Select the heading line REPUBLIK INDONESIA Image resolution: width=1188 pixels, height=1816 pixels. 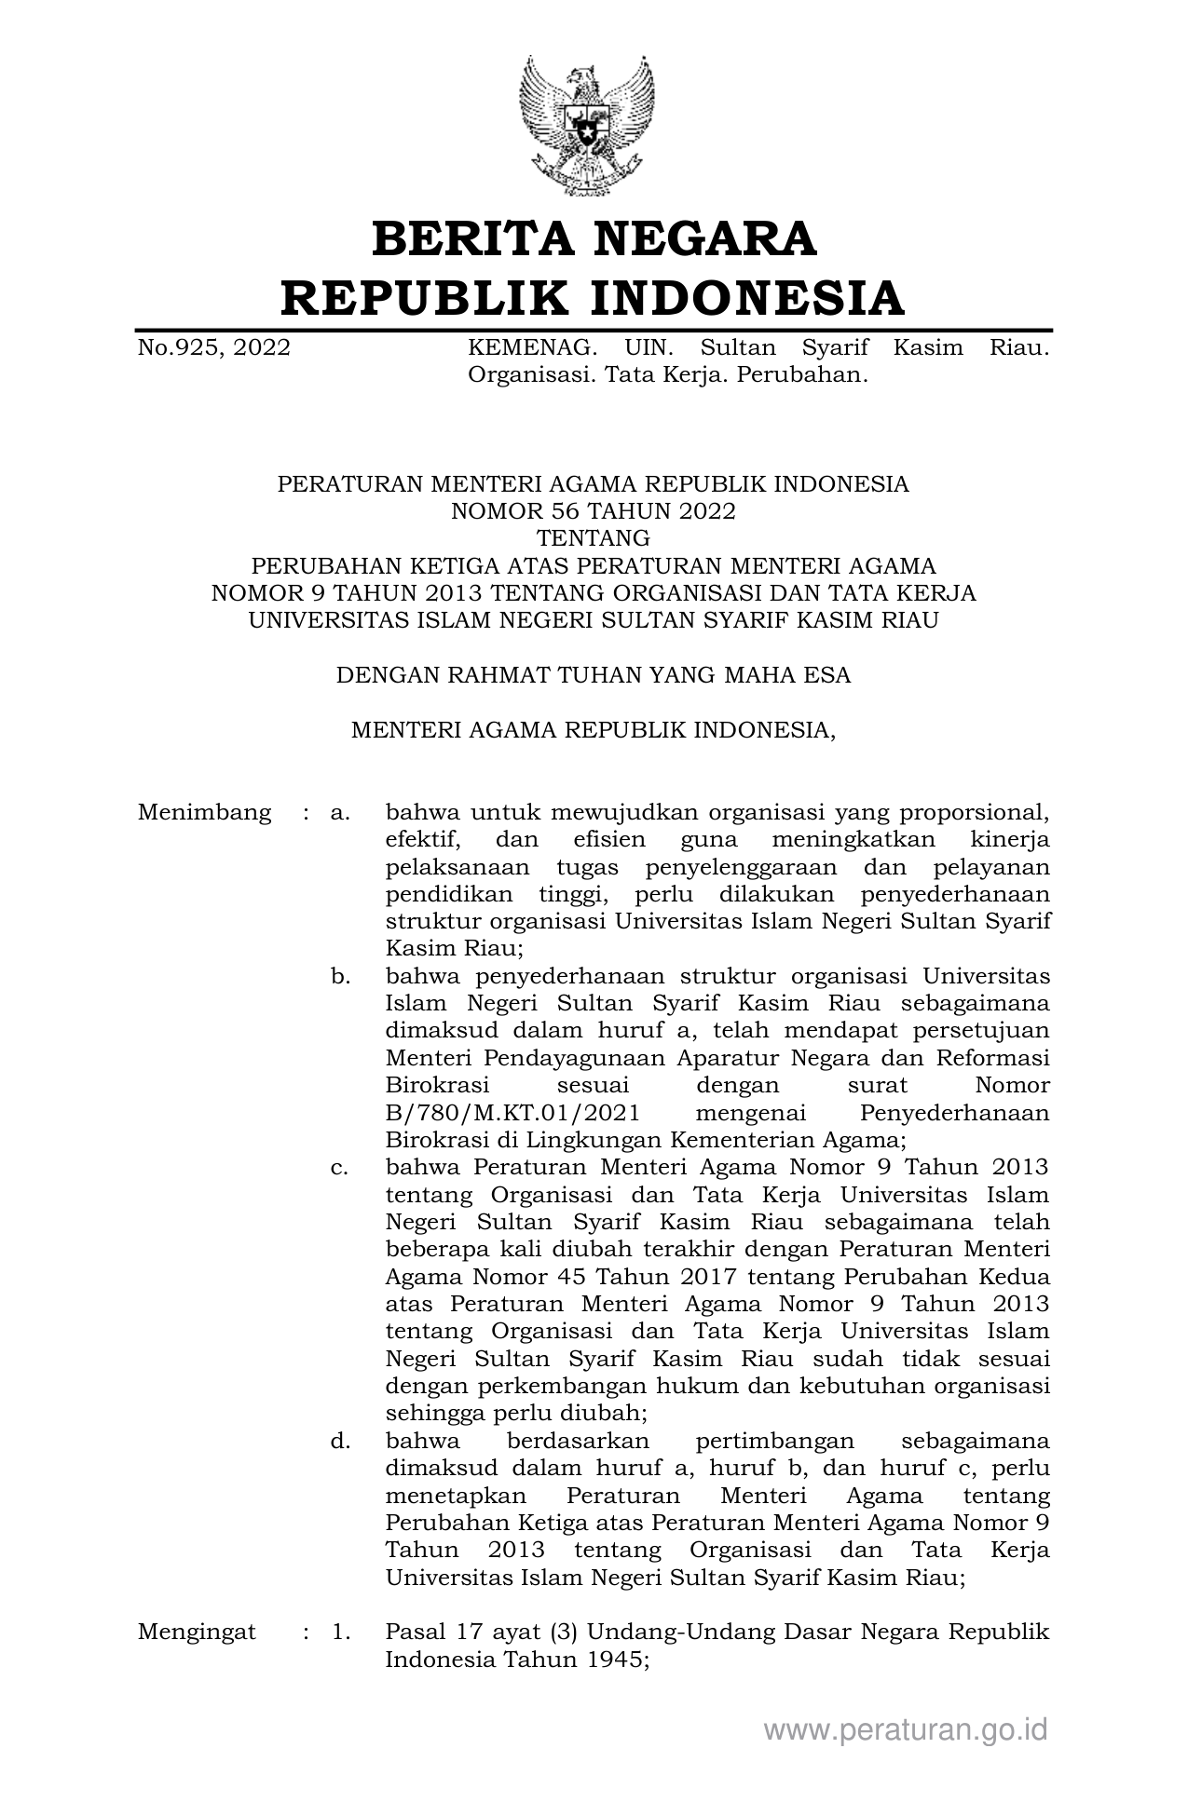pos(594,298)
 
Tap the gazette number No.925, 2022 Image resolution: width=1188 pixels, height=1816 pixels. pos(213,348)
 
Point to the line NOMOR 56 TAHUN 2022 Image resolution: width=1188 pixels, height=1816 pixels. pos(594,511)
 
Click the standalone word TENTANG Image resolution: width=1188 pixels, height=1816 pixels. pos(594,538)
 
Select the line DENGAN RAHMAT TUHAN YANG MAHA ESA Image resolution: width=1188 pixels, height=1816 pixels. pos(594,675)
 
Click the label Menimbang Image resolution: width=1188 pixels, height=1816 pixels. pos(204,812)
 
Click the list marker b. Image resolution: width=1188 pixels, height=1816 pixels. pos(340,977)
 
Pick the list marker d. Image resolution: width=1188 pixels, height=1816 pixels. pos(340,1442)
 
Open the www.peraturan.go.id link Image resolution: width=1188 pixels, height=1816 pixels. pos(906,1730)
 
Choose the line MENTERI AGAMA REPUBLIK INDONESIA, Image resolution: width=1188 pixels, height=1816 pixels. pos(594,730)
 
